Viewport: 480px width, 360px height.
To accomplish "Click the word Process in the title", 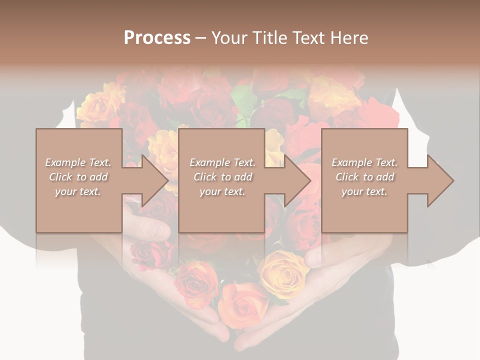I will coord(157,38).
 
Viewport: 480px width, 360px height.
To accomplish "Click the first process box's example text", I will coord(78,176).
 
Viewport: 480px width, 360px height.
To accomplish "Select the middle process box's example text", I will coord(222,176).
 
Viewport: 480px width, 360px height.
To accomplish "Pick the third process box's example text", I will coord(364,176).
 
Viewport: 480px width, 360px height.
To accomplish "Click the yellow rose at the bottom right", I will coord(283,272).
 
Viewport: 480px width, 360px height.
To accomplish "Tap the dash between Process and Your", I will coord(200,38).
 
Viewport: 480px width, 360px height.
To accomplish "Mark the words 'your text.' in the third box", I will coord(364,191).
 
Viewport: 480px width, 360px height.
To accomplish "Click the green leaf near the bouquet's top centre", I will coord(243,97).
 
